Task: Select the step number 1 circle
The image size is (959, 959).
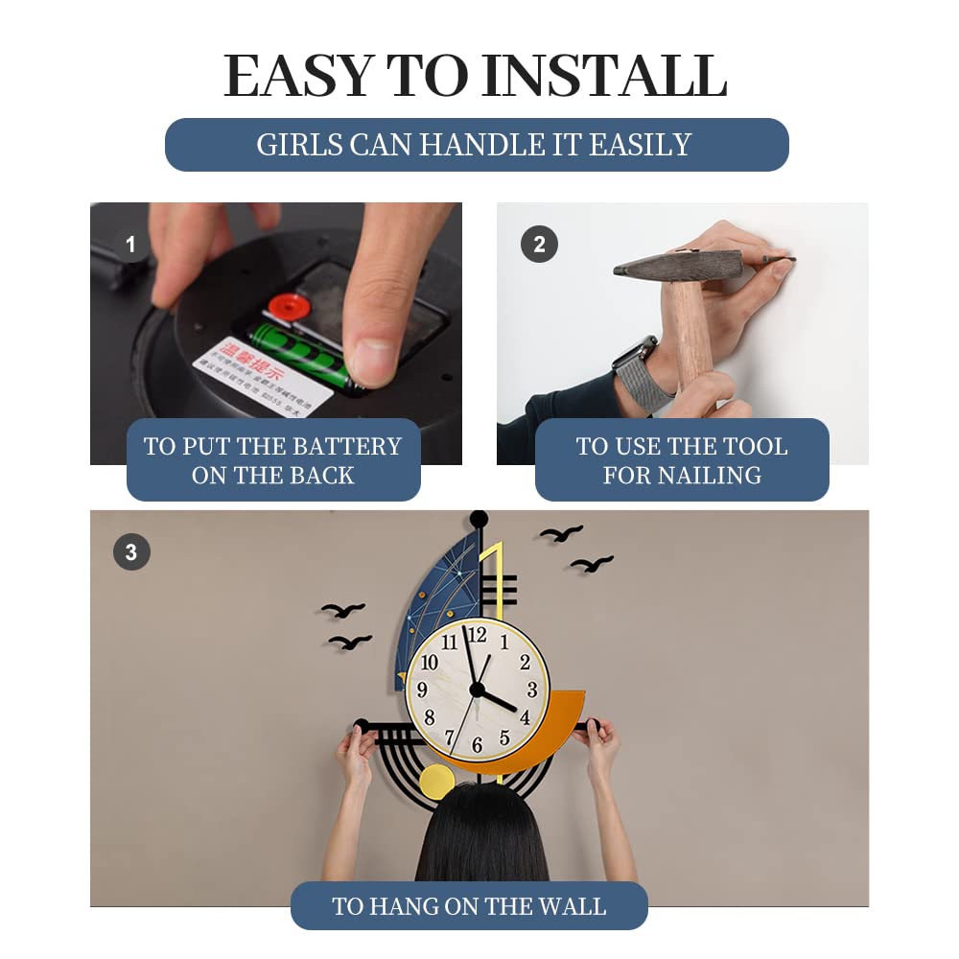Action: click(x=130, y=245)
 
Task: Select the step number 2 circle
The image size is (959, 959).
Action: click(x=539, y=245)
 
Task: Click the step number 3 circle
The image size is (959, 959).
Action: click(x=131, y=552)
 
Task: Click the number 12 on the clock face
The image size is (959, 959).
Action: click(x=477, y=635)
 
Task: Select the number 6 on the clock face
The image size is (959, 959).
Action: click(x=477, y=745)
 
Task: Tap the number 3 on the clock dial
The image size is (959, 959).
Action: click(x=532, y=690)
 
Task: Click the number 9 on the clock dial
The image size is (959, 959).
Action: click(x=422, y=690)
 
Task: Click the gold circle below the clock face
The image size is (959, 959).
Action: click(x=437, y=783)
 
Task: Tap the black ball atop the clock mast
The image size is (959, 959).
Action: click(x=479, y=519)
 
